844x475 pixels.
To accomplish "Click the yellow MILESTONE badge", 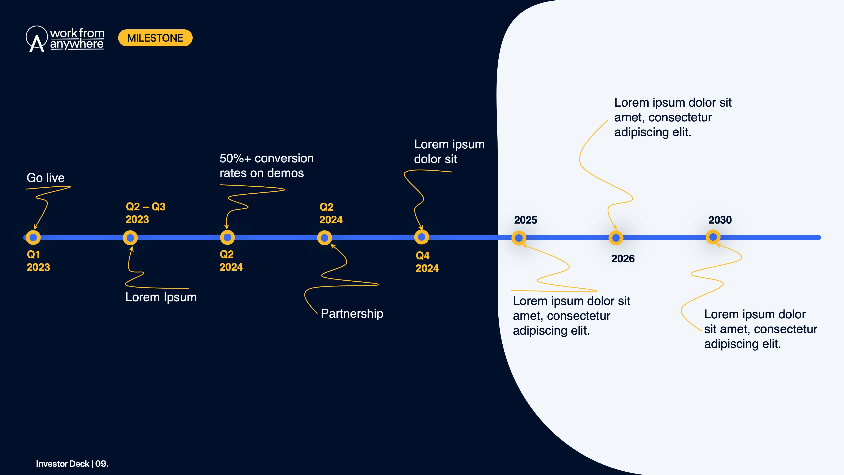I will (x=155, y=38).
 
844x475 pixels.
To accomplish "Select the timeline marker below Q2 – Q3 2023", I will (x=130, y=238).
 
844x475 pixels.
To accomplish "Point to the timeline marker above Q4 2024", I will (x=421, y=237).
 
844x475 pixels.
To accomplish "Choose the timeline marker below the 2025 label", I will (x=519, y=238).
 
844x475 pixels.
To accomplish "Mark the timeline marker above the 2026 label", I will (x=616, y=238).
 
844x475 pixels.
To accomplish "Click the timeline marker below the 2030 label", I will (x=713, y=237).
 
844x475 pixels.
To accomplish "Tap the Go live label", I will (x=46, y=178).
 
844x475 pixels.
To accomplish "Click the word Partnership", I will (x=352, y=313).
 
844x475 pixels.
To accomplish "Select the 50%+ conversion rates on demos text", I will (x=266, y=166).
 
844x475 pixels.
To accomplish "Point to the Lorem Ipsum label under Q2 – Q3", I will (x=161, y=297).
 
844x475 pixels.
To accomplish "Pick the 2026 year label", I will (x=623, y=258).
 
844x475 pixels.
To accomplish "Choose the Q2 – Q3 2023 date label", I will (x=145, y=213).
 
